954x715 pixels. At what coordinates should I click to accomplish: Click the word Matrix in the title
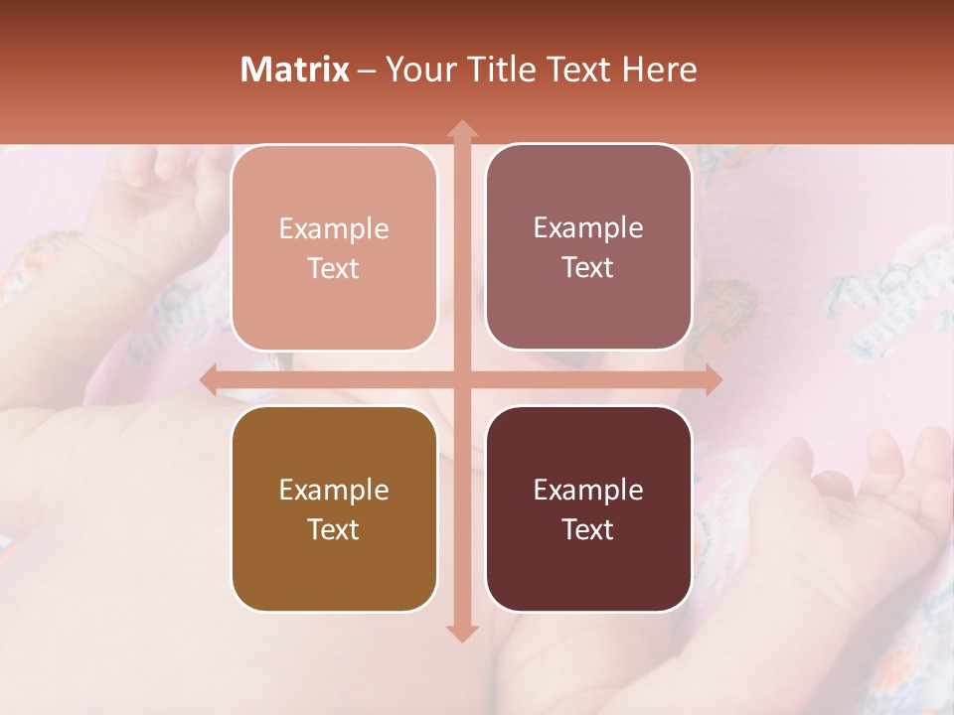(295, 70)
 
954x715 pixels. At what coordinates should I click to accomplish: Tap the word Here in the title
(659, 70)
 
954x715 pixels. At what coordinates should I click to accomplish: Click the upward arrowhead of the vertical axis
(461, 130)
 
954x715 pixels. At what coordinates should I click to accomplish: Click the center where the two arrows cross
(461, 379)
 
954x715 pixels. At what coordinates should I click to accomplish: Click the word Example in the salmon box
(334, 229)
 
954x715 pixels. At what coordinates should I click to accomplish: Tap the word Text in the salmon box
(334, 269)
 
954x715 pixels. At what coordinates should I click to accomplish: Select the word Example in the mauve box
(588, 228)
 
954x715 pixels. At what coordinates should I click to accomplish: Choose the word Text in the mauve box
(588, 268)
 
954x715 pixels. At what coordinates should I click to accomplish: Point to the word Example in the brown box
(334, 491)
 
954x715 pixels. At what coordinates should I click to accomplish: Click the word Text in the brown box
(334, 530)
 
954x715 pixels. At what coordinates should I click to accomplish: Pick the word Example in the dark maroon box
(588, 491)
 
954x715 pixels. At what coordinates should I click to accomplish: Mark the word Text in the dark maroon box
(588, 530)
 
